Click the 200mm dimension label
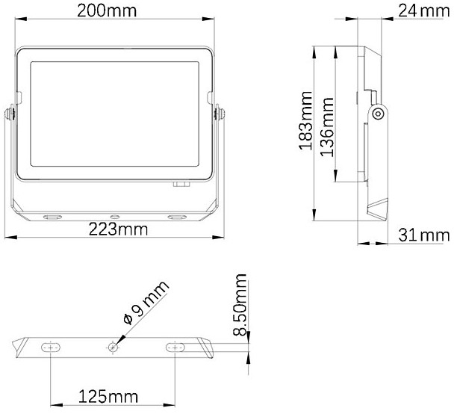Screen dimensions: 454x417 click(107, 11)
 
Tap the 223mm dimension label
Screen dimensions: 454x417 click(118, 229)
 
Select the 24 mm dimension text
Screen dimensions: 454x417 click(424, 11)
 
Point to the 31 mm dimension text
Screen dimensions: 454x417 click(424, 235)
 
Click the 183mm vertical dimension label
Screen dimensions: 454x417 click(305, 120)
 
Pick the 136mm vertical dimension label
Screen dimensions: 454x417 click(327, 127)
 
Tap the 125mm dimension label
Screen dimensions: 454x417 click(108, 396)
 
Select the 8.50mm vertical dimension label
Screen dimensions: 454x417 click(240, 305)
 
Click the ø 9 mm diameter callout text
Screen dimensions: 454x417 click(146, 302)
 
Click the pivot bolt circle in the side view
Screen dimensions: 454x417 click(378, 114)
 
